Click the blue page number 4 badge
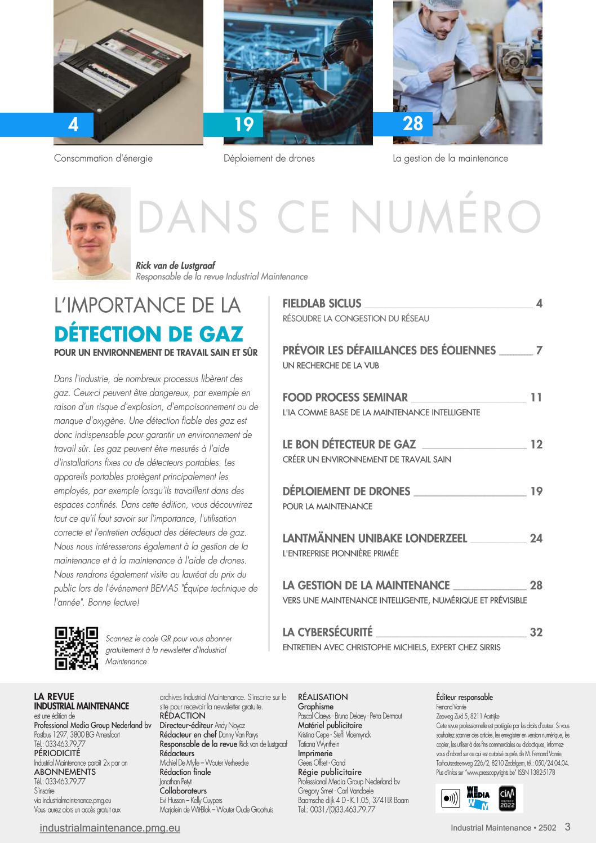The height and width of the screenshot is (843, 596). (x=73, y=125)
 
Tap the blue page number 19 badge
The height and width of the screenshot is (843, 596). (x=244, y=125)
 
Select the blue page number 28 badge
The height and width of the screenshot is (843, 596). (x=413, y=124)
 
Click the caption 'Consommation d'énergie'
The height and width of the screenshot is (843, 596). (x=103, y=158)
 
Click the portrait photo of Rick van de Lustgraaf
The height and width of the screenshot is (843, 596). (x=91, y=233)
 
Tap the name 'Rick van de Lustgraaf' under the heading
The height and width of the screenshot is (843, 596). (x=175, y=265)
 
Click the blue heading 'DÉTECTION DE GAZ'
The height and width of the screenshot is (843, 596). (x=149, y=334)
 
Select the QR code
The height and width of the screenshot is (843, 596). (x=76, y=648)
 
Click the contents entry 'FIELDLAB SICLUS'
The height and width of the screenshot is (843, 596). (x=322, y=304)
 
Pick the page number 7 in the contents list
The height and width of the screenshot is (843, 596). (x=539, y=350)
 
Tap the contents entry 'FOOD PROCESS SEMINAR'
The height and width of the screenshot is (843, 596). (x=345, y=397)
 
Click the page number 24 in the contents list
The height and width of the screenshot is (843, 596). (x=536, y=538)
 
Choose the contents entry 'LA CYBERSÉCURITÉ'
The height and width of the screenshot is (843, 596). (x=327, y=632)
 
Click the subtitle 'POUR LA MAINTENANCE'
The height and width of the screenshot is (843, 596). (x=327, y=507)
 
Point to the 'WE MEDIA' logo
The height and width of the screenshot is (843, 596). (x=478, y=798)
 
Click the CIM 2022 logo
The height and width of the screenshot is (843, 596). (x=507, y=798)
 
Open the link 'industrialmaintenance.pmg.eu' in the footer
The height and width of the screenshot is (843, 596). (x=110, y=828)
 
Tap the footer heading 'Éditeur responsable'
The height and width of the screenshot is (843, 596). (x=464, y=697)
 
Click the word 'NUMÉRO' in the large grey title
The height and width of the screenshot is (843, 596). (x=445, y=217)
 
